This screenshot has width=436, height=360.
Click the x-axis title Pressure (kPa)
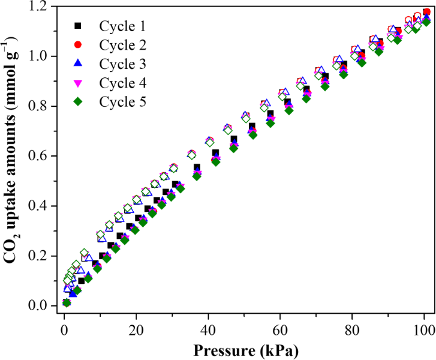(244, 349)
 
